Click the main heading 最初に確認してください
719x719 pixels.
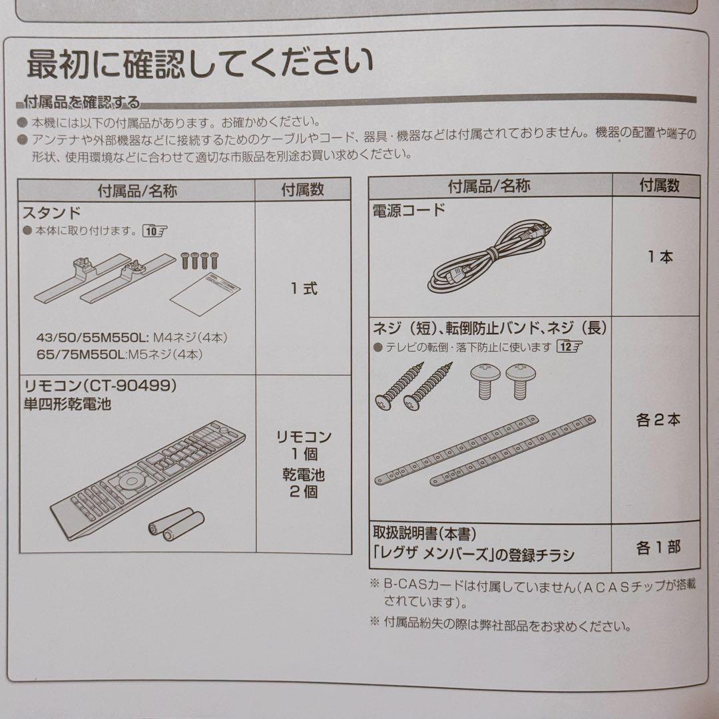point(200,65)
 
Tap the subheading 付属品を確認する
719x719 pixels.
point(82,103)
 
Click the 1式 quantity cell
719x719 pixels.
point(304,289)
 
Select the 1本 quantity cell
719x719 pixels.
point(660,257)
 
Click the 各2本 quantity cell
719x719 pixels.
point(658,421)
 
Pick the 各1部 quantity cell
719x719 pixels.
point(658,548)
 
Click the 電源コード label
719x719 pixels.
point(408,211)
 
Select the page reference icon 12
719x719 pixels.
point(570,347)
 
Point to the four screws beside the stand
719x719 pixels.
point(196,260)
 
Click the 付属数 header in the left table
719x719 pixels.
point(303,190)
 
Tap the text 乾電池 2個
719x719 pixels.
point(304,484)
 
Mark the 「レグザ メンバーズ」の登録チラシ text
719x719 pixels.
point(473,555)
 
